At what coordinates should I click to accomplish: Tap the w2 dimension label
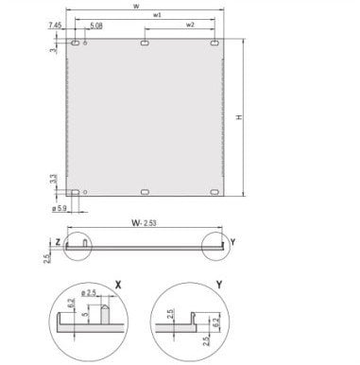(x=191, y=26)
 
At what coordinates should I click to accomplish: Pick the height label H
(x=266, y=117)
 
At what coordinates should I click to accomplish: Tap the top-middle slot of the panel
(x=144, y=43)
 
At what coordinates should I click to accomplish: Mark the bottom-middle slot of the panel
(x=144, y=193)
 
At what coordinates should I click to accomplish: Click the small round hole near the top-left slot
(x=86, y=43)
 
